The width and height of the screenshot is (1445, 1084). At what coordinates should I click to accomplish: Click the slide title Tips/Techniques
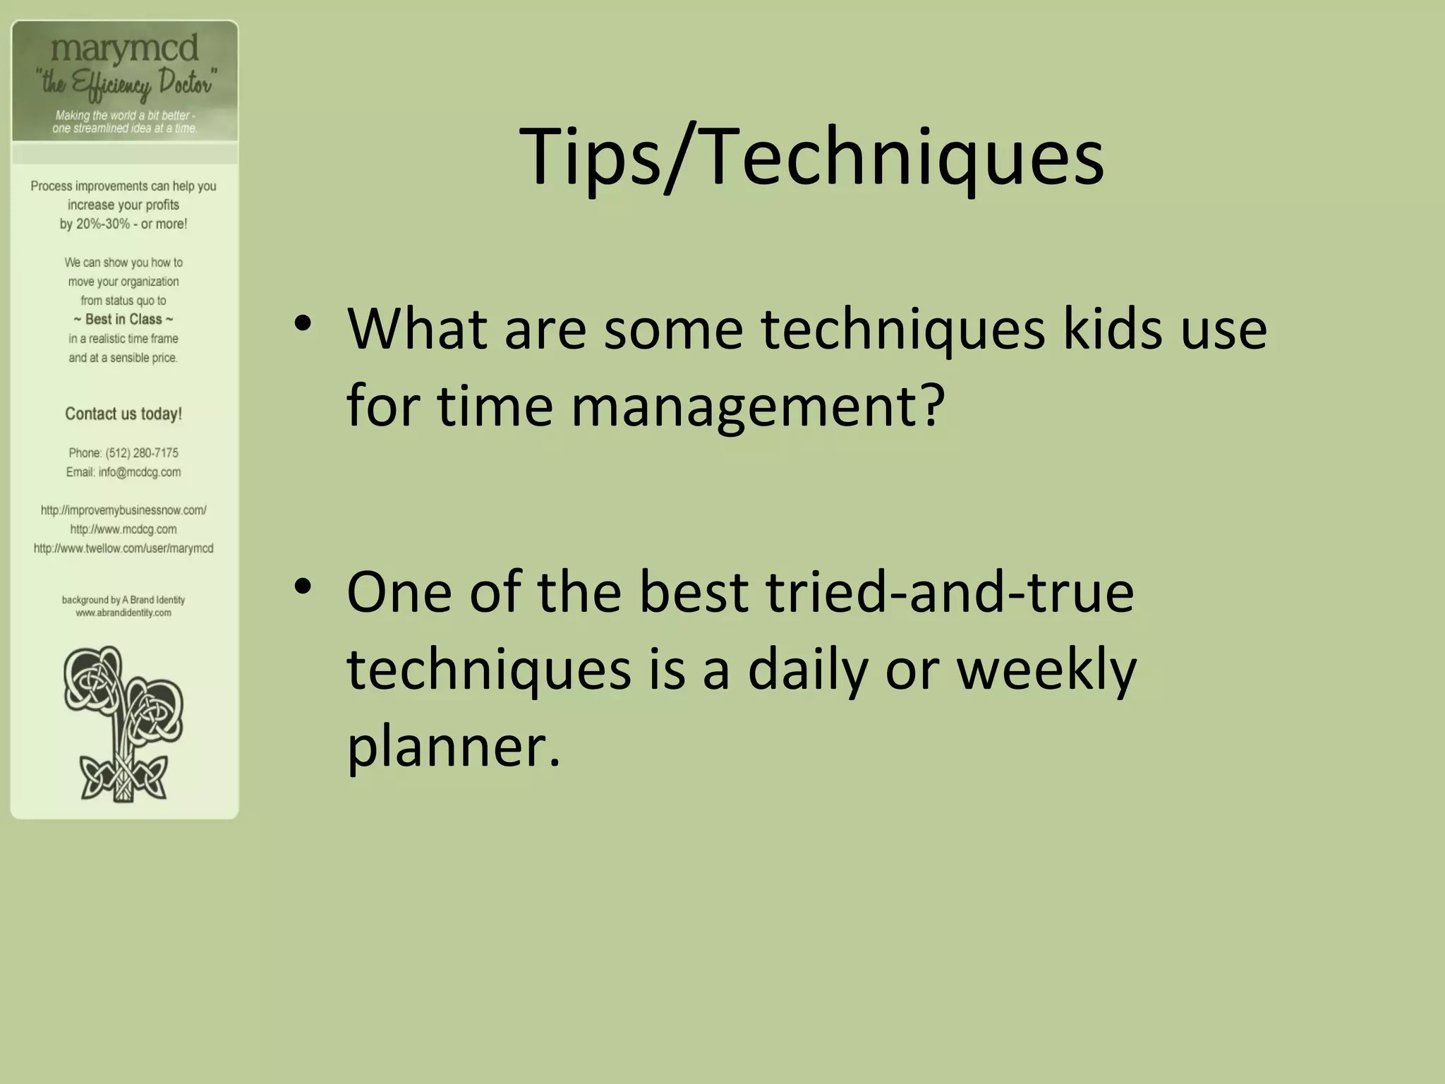[811, 157]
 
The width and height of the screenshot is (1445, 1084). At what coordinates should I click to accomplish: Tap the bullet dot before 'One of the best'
[303, 586]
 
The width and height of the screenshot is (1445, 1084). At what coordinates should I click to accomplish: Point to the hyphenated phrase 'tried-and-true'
[950, 592]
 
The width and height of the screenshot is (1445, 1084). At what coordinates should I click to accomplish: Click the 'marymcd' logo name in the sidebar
[125, 49]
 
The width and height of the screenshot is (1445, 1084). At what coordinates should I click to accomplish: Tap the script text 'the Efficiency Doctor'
[126, 84]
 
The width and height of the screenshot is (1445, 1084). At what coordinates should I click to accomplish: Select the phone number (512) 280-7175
[142, 453]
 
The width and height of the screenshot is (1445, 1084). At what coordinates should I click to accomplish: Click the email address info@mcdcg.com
[140, 472]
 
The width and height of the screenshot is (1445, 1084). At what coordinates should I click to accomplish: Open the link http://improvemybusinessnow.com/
[123, 510]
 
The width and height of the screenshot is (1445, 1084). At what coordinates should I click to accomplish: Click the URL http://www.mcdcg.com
[123, 529]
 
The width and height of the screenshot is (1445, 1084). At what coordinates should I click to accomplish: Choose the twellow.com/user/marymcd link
[123, 548]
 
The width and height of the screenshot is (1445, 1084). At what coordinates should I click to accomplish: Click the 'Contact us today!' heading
[123, 414]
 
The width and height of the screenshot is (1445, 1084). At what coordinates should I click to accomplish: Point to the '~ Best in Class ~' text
[123, 320]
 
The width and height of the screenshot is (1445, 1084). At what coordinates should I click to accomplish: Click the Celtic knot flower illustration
[124, 724]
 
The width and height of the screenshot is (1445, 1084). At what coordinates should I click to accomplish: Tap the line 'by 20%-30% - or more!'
[123, 224]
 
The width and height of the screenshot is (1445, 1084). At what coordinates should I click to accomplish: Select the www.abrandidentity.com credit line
[123, 613]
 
